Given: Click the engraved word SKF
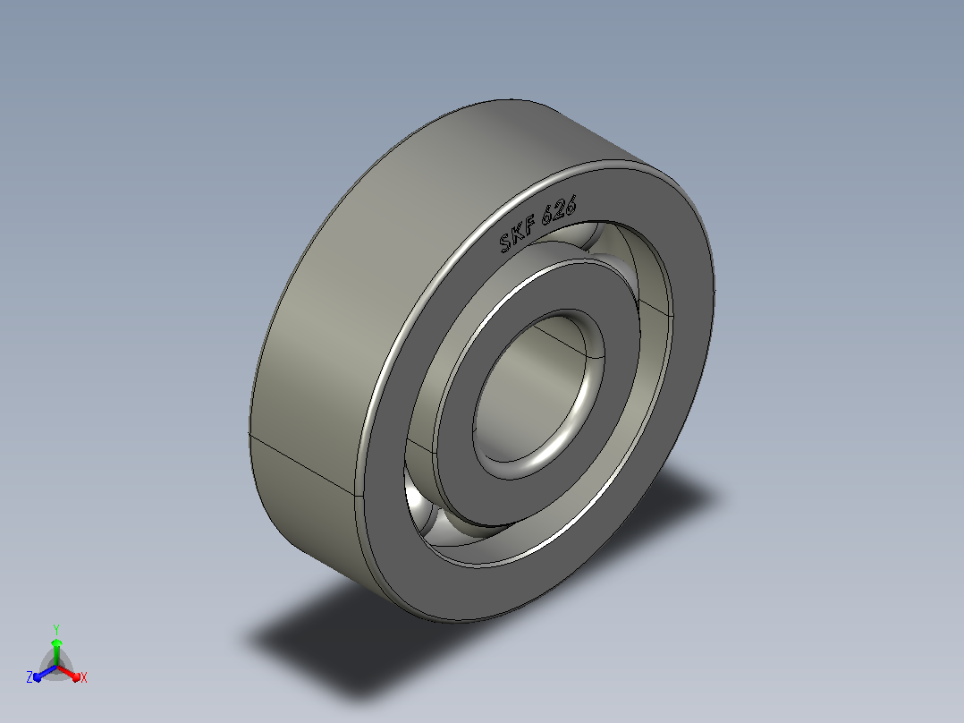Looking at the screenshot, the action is pos(518,234).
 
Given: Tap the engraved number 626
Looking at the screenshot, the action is pos(560,209).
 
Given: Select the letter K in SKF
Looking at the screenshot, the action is pos(518,234).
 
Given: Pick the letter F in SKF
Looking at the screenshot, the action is pos(530,225).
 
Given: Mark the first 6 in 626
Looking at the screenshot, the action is pos(548,217).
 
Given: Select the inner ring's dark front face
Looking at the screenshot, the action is pos(455,443).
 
